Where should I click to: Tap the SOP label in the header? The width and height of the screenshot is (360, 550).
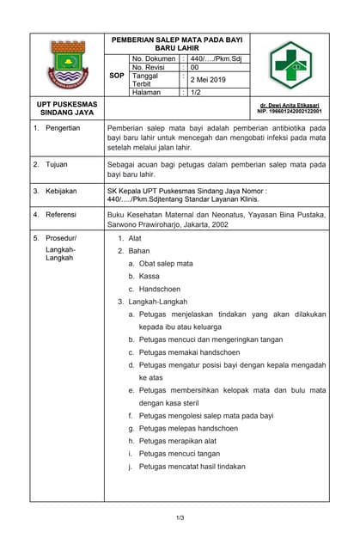pos(117,76)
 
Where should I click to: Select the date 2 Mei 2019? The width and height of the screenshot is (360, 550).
pos(207,79)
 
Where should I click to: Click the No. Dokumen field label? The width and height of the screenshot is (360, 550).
pos(154,58)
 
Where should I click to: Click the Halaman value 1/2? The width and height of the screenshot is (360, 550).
pos(195,92)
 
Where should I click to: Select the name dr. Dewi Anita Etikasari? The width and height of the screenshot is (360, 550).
pos(290,105)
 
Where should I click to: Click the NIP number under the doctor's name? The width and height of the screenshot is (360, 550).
pos(290,112)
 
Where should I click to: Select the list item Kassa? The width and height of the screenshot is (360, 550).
pos(149,276)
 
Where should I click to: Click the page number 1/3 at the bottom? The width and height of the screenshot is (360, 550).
pos(180,517)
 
